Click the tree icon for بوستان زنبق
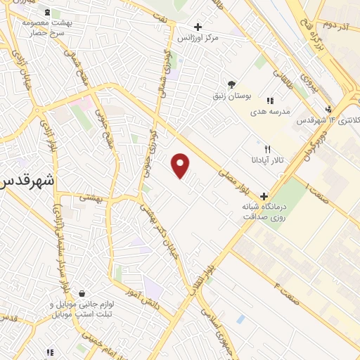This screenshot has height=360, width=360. click(x=231, y=83)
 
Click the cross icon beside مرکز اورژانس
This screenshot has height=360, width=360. click(x=199, y=27)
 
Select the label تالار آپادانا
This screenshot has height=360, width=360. click(x=268, y=160)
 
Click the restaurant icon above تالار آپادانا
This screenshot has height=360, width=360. click(x=267, y=149)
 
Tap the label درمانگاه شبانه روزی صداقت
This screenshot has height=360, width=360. click(x=264, y=213)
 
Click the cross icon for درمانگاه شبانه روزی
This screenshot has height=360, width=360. click(x=264, y=197)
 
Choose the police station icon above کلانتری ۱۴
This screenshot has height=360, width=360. click(x=328, y=108)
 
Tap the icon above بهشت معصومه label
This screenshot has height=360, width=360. click(x=47, y=13)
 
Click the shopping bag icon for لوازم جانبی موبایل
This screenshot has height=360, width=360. click(x=83, y=294)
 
